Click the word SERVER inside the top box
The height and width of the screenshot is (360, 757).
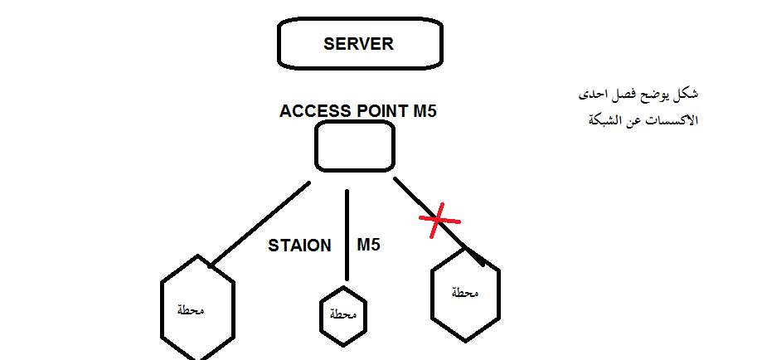pos(358,44)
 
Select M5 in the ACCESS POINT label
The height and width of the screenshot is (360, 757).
pos(425,111)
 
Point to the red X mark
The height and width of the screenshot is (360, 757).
pos(439,221)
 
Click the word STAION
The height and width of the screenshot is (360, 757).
pos(299,246)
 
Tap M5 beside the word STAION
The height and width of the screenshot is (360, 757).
pos(368,246)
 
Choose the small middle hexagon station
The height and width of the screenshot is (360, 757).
pos(342,315)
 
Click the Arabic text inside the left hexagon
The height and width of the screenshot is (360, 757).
pos(192,310)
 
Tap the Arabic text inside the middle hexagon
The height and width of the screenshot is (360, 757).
pos(342,315)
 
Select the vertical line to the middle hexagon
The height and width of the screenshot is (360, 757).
pos(347,236)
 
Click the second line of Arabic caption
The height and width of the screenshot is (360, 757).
pos(642,119)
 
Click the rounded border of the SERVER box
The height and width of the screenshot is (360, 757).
pos(279,44)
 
